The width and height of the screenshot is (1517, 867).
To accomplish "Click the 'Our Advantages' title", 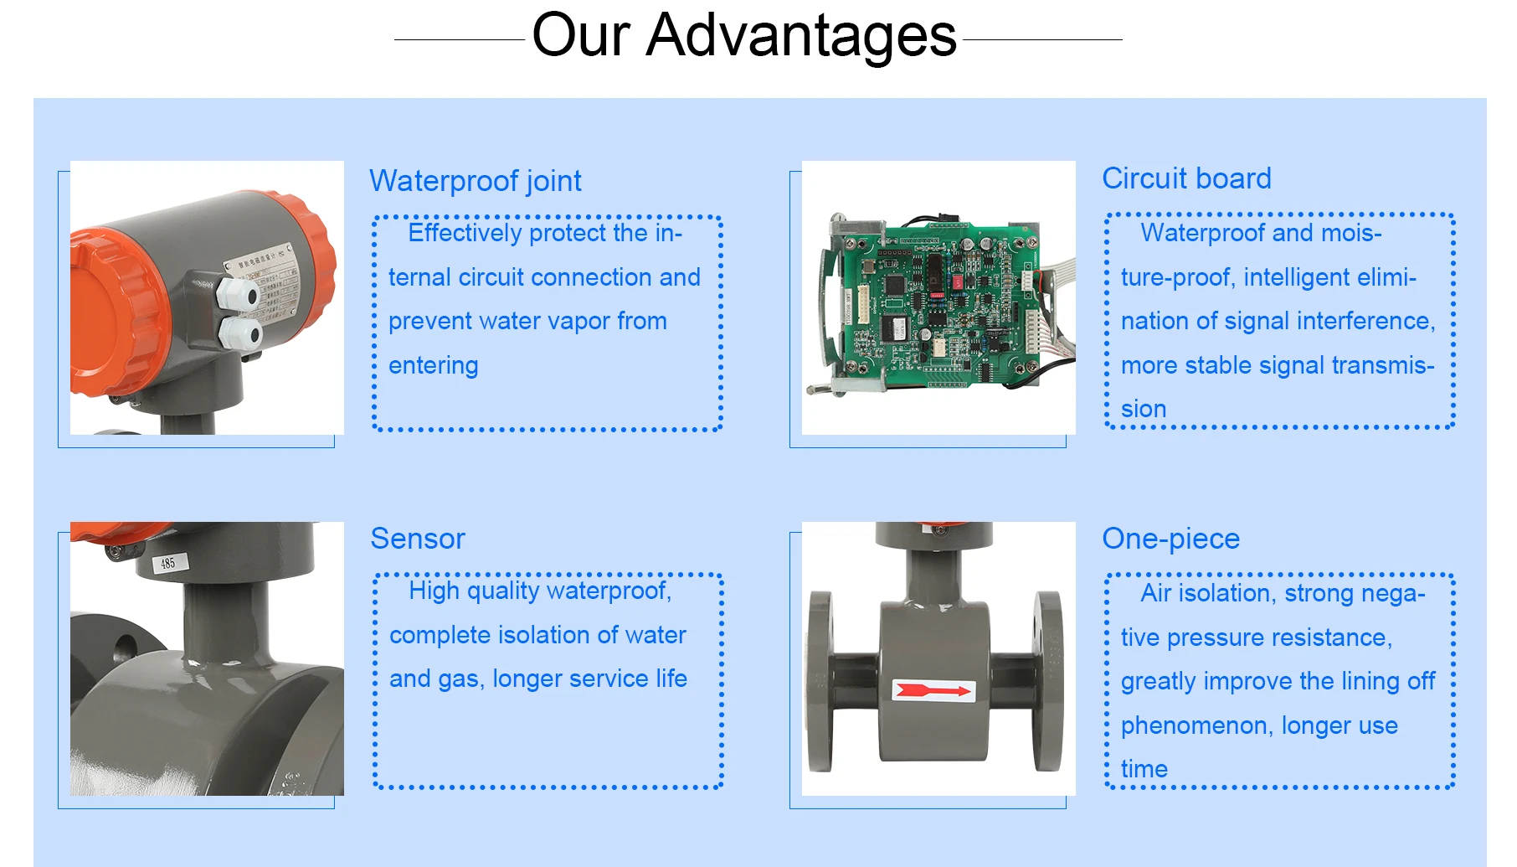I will point(743,35).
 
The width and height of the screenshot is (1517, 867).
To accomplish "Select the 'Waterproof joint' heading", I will point(476,181).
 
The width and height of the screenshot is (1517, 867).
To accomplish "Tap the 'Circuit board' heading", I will point(1186,178).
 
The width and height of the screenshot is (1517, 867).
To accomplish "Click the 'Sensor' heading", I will point(418,539).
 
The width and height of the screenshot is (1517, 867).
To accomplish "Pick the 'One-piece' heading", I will point(1170,539).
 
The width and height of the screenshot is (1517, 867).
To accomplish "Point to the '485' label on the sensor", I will point(168,563).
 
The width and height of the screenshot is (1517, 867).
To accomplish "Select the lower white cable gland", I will point(241,333).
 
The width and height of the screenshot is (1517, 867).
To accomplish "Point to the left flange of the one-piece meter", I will point(820,680).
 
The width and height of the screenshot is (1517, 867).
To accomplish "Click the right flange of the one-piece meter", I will point(1047,680).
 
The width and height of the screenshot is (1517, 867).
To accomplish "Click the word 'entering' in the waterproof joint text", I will point(434,366).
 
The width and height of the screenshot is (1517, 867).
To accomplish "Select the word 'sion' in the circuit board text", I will point(1144,409).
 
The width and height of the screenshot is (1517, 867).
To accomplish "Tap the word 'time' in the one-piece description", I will point(1144,769).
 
